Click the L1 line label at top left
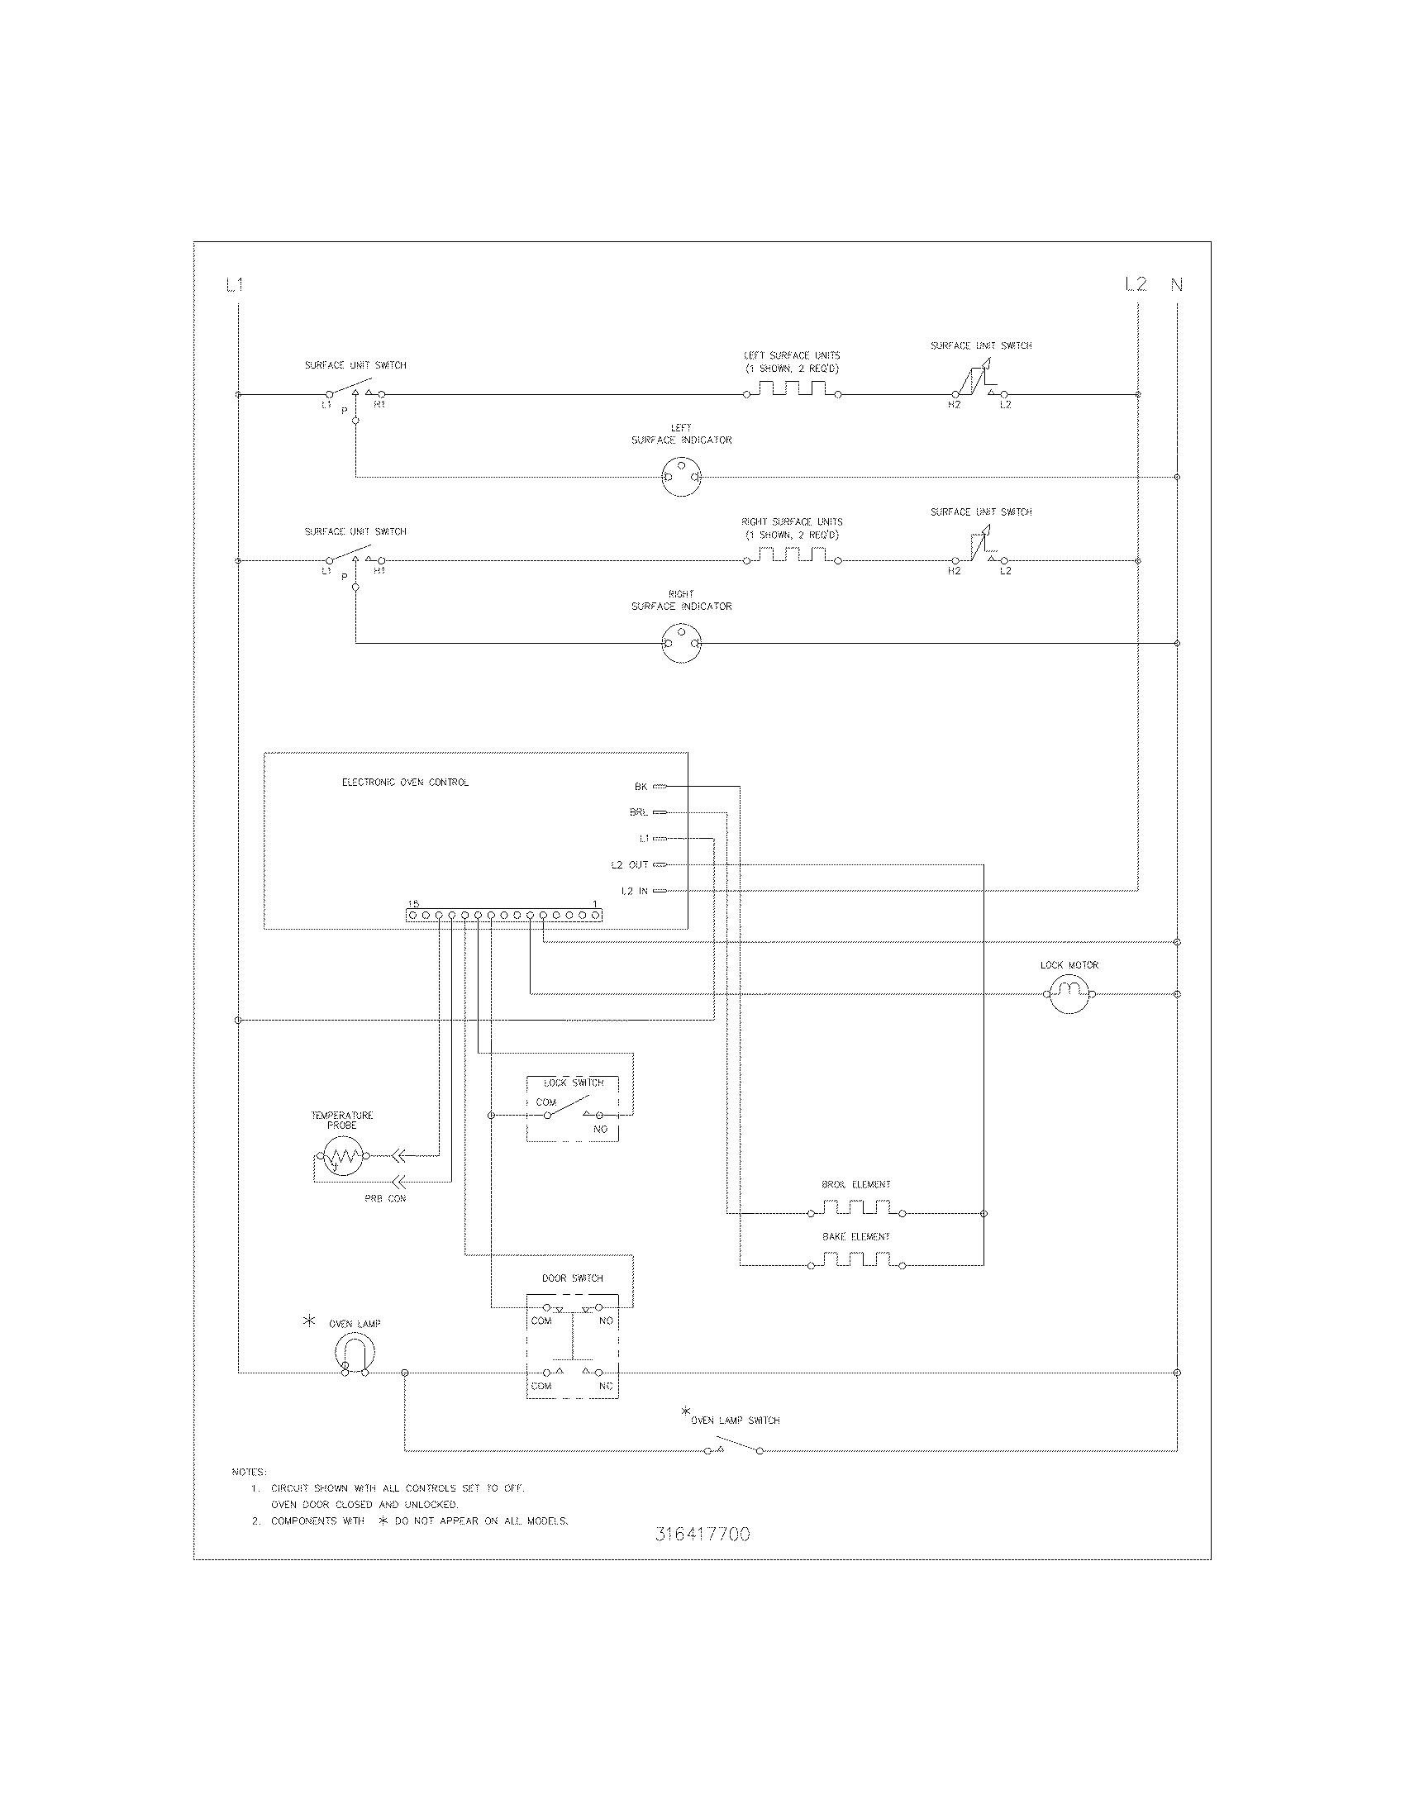(x=235, y=285)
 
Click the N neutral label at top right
(x=1177, y=285)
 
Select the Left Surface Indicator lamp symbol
(x=681, y=477)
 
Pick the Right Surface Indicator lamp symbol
(x=681, y=644)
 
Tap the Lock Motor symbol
(x=1069, y=993)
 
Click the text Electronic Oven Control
(x=405, y=783)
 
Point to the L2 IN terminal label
(x=634, y=891)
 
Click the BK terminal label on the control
(x=641, y=786)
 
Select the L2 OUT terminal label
(x=629, y=865)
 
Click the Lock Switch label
(x=574, y=1083)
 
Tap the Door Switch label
(x=573, y=1278)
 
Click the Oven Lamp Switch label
(x=735, y=1420)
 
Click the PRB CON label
(x=385, y=1198)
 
